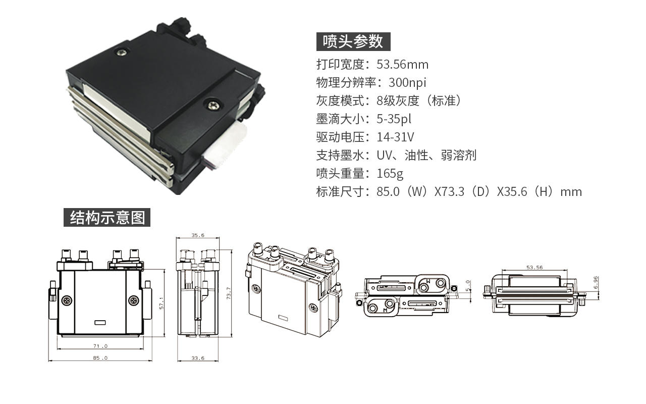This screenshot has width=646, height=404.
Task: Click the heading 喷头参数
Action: click(x=353, y=41)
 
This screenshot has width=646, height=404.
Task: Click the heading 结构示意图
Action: click(x=107, y=217)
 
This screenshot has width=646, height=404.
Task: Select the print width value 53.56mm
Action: click(x=402, y=64)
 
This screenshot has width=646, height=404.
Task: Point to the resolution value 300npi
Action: click(x=407, y=82)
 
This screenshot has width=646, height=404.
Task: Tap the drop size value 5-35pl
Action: click(x=394, y=119)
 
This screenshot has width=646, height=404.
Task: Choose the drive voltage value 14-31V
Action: click(x=395, y=137)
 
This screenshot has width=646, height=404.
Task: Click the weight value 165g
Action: click(x=390, y=173)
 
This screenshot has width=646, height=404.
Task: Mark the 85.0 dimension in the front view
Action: click(x=100, y=358)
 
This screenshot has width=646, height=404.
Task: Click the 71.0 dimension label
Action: click(x=100, y=346)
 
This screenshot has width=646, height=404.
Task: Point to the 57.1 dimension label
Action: click(x=161, y=303)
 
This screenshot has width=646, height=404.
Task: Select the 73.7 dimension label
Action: click(x=229, y=293)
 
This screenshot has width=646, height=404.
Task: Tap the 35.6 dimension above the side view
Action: click(x=198, y=235)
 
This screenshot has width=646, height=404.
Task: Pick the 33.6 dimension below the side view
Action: click(x=198, y=358)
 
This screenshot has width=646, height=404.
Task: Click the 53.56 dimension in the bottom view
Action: click(x=534, y=268)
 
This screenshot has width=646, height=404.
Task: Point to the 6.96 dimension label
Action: click(x=596, y=283)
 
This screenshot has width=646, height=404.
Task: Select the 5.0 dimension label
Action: click(x=468, y=285)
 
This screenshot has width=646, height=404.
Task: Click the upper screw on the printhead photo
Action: click(x=122, y=52)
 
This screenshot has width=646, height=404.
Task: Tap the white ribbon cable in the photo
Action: click(x=226, y=145)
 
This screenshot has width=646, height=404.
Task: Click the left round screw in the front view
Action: click(x=67, y=300)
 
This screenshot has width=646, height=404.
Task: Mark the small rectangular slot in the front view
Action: click(x=100, y=323)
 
